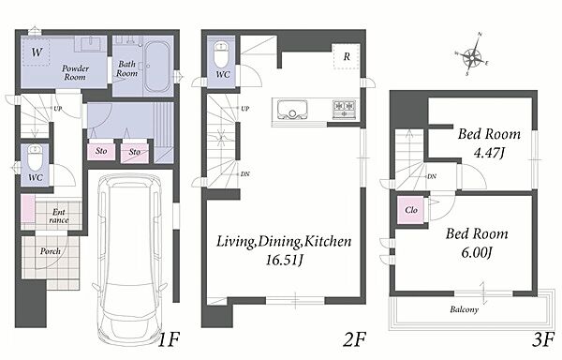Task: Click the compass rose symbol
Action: [x=472, y=55]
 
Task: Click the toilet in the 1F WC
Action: [x=36, y=157]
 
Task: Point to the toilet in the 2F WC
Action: [x=221, y=54]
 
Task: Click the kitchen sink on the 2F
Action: [x=292, y=109]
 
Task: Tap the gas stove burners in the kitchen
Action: [x=344, y=109]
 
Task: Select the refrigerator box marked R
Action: [x=347, y=56]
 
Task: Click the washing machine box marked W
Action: [x=36, y=52]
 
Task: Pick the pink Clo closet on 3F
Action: [x=411, y=210]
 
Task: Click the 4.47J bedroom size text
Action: [x=489, y=154]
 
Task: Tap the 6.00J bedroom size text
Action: [x=476, y=253]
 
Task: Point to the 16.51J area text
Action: [x=284, y=261]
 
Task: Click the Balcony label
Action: [x=465, y=309]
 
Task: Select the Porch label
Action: [x=51, y=251]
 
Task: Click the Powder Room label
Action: [x=75, y=72]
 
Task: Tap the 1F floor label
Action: [x=168, y=339]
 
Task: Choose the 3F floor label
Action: [x=543, y=339]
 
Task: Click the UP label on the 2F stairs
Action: [x=245, y=109]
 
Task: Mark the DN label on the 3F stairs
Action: [x=432, y=176]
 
